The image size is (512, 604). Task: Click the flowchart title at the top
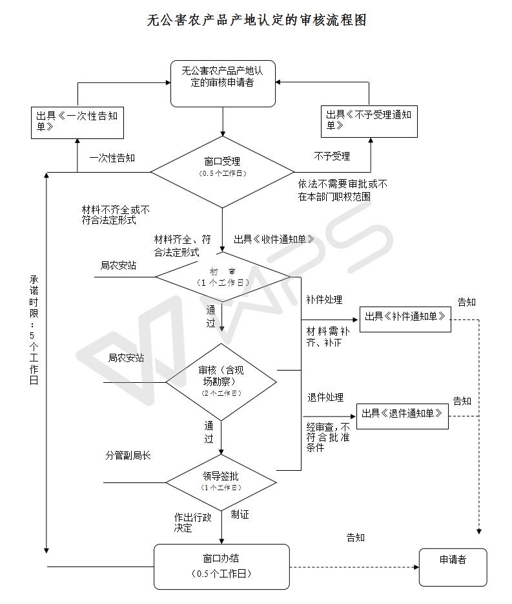(x=256, y=19)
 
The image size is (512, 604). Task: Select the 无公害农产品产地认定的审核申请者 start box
(x=223, y=83)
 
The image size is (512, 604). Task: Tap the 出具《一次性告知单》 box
(x=77, y=123)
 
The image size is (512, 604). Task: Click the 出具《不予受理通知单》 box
(x=369, y=122)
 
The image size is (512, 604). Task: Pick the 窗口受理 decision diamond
(x=222, y=172)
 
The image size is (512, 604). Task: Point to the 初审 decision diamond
(x=223, y=277)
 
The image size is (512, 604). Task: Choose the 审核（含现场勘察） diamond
(x=221, y=382)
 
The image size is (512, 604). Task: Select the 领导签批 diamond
(x=221, y=482)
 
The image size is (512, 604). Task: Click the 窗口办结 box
(x=221, y=566)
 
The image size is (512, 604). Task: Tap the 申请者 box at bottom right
(x=453, y=567)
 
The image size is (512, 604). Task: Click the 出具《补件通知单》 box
(x=405, y=319)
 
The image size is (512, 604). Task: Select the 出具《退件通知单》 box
(x=402, y=416)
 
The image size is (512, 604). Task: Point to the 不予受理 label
(x=332, y=156)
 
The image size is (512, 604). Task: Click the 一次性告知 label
(x=112, y=158)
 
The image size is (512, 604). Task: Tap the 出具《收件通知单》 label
(x=274, y=239)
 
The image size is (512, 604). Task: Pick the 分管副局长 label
(x=128, y=455)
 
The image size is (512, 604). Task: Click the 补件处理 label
(x=324, y=299)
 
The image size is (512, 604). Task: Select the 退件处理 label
(x=325, y=397)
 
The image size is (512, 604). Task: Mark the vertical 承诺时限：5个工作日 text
(x=34, y=330)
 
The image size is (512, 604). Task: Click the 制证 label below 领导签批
(x=240, y=514)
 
